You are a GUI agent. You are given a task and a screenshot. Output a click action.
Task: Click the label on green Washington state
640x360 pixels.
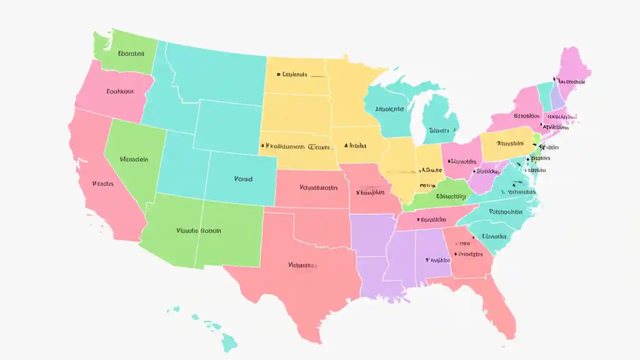pyautogui.click(x=131, y=53)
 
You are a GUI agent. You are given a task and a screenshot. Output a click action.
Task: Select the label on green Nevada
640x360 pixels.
pyautogui.click(x=134, y=159)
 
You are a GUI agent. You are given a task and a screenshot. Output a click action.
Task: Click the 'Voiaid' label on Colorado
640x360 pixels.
pyautogui.click(x=243, y=178)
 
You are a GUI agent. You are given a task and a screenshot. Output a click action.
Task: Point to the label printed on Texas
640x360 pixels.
pyautogui.click(x=302, y=265)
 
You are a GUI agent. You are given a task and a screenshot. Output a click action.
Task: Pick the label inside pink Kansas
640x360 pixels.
pyautogui.click(x=318, y=188)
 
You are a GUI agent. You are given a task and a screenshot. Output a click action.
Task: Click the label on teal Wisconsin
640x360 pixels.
pyautogui.click(x=389, y=108)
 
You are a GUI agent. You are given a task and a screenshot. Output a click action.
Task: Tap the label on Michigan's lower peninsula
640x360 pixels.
pyautogui.click(x=439, y=130)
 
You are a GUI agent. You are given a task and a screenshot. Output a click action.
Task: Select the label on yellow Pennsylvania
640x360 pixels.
pyautogui.click(x=505, y=143)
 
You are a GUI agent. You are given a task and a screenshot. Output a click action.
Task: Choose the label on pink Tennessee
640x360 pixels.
pyautogui.click(x=431, y=219)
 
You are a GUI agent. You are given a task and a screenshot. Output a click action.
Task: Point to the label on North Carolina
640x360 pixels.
pyautogui.click(x=505, y=211)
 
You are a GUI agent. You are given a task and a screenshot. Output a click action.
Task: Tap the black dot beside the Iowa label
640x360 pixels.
pyautogui.click(x=345, y=145)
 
